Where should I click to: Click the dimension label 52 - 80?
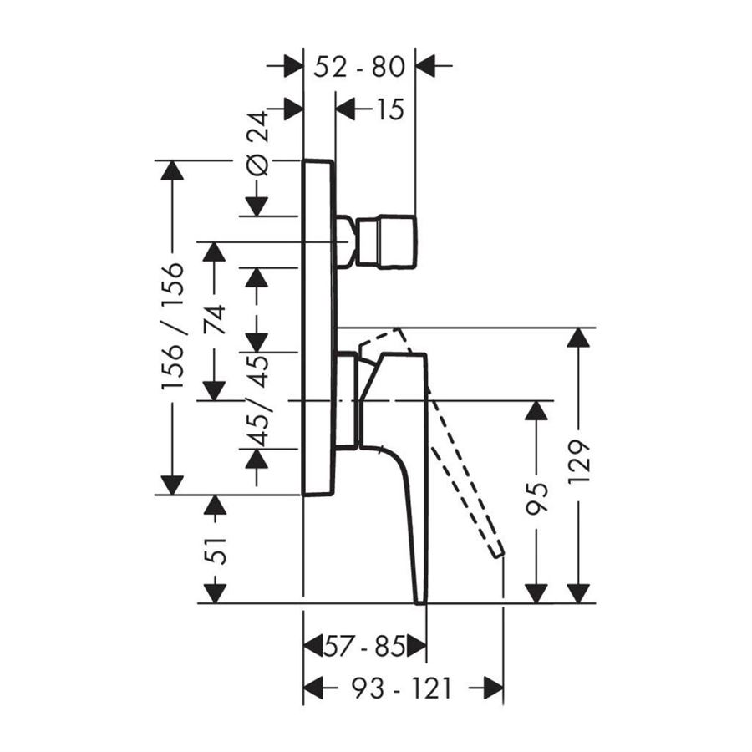(x=359, y=65)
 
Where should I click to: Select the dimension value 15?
(x=385, y=109)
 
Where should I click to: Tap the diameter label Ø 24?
(x=259, y=142)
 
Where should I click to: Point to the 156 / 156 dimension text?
(x=172, y=326)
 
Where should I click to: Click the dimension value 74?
(x=215, y=320)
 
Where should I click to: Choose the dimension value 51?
(x=216, y=551)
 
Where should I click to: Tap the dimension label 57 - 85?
(x=364, y=646)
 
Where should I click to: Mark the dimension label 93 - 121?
(x=401, y=688)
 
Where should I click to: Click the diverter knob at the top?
(x=386, y=241)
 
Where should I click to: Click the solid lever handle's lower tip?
(x=421, y=595)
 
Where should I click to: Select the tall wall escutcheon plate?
(x=318, y=326)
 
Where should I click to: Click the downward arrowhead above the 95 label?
(x=536, y=410)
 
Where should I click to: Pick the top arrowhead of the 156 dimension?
(x=172, y=170)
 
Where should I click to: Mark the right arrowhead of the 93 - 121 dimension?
(x=493, y=688)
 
